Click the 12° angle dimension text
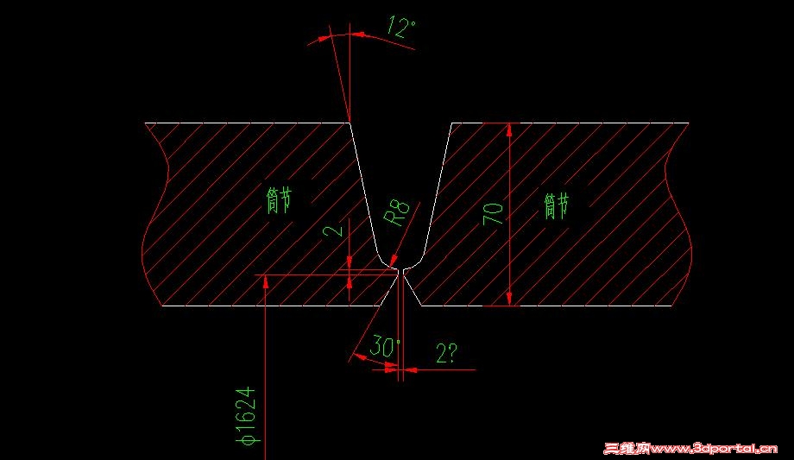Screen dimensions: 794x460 [401, 28]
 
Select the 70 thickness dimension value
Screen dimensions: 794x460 [493, 214]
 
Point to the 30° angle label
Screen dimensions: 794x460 [385, 347]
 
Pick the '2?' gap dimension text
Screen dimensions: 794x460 [447, 353]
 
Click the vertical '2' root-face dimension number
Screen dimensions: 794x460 [332, 231]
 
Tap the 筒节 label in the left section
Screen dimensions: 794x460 [279, 200]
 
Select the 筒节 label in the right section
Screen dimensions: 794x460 [557, 205]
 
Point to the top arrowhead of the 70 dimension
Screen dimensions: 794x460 [509, 129]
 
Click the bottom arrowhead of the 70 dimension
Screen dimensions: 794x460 [509, 299]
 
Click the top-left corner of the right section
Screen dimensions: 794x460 [451, 123]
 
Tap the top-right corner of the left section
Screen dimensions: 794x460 [350, 123]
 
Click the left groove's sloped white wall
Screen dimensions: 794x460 [363, 187]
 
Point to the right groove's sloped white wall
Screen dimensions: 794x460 [437, 187]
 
